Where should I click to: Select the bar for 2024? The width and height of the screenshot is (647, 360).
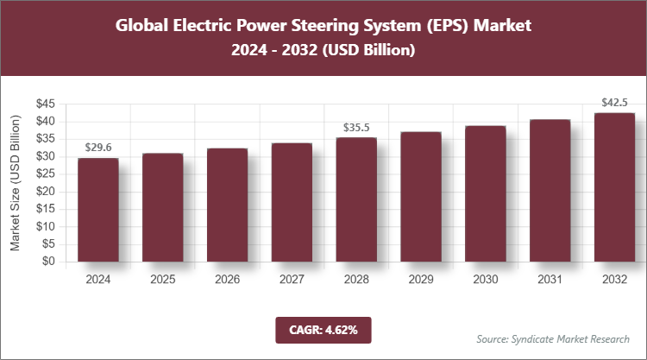[x=97, y=210]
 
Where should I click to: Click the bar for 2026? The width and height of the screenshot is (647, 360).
[x=227, y=205]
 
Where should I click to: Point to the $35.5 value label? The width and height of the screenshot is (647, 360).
[x=356, y=127]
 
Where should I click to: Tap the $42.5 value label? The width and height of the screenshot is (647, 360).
[x=614, y=103]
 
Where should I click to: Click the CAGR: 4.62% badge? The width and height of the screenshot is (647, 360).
[x=323, y=329]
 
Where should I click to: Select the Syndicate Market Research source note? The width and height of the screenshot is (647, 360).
[x=552, y=338]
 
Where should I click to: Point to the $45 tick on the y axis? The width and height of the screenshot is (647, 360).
[x=45, y=104]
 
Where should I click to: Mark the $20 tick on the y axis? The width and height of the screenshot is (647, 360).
[x=45, y=192]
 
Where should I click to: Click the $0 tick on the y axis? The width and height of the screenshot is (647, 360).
[x=48, y=262]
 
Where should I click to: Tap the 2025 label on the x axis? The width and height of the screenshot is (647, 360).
[x=162, y=280]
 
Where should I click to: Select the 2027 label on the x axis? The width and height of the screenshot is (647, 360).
[x=292, y=280]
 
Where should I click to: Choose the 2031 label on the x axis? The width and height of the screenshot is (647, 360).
[x=550, y=280]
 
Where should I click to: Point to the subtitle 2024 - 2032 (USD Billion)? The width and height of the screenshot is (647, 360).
[x=323, y=51]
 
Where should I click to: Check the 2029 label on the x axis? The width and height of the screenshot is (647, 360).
[x=421, y=280]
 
